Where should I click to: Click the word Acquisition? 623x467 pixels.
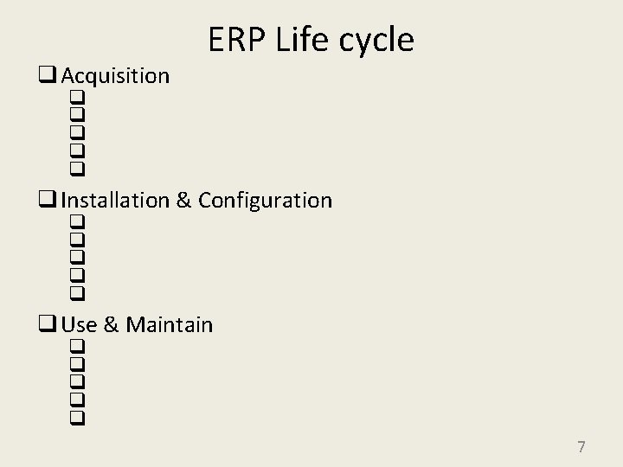coord(115,76)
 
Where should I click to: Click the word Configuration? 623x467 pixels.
coord(265,201)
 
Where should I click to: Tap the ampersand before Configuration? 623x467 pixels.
coord(183,201)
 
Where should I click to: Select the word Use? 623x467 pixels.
coord(80,325)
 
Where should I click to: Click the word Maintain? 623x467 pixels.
coord(170,325)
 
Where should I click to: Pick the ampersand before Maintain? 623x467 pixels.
coord(111,325)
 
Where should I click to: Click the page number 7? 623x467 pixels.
coord(581,447)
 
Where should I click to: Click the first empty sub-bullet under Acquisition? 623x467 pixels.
coord(77,96)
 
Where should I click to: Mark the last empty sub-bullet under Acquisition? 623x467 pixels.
coord(77,167)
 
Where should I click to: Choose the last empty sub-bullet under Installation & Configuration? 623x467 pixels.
coord(77,292)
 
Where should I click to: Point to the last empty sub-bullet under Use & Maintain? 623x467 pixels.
coord(77,417)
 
